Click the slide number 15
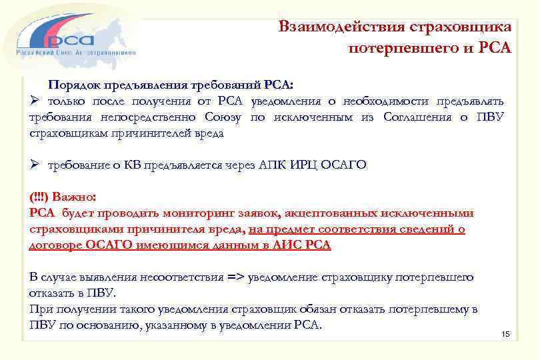tap(505, 333)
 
